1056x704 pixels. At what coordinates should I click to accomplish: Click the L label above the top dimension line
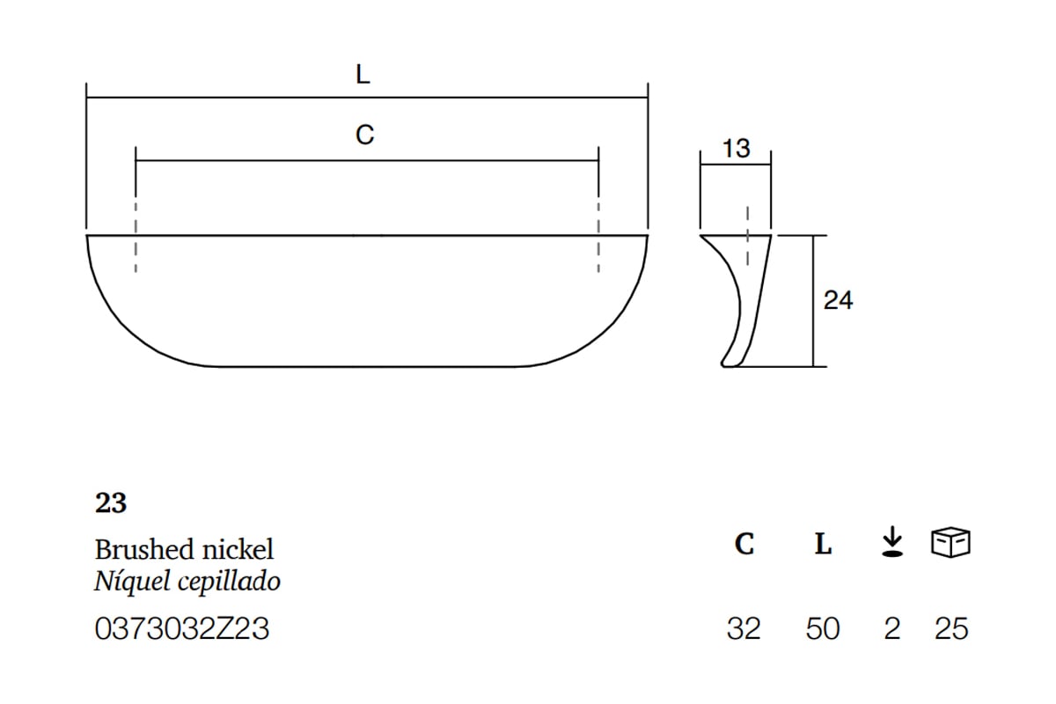363,75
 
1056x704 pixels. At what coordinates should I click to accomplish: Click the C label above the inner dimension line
364,135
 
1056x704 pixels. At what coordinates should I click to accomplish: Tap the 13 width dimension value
736,149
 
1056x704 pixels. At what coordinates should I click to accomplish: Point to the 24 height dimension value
838,300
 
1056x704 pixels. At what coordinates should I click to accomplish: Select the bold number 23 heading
111,502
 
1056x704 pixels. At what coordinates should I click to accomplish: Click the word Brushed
144,549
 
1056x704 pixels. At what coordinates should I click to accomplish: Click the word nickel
238,549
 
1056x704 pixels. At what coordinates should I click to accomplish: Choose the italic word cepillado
229,582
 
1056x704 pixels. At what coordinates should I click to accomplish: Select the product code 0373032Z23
182,628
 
